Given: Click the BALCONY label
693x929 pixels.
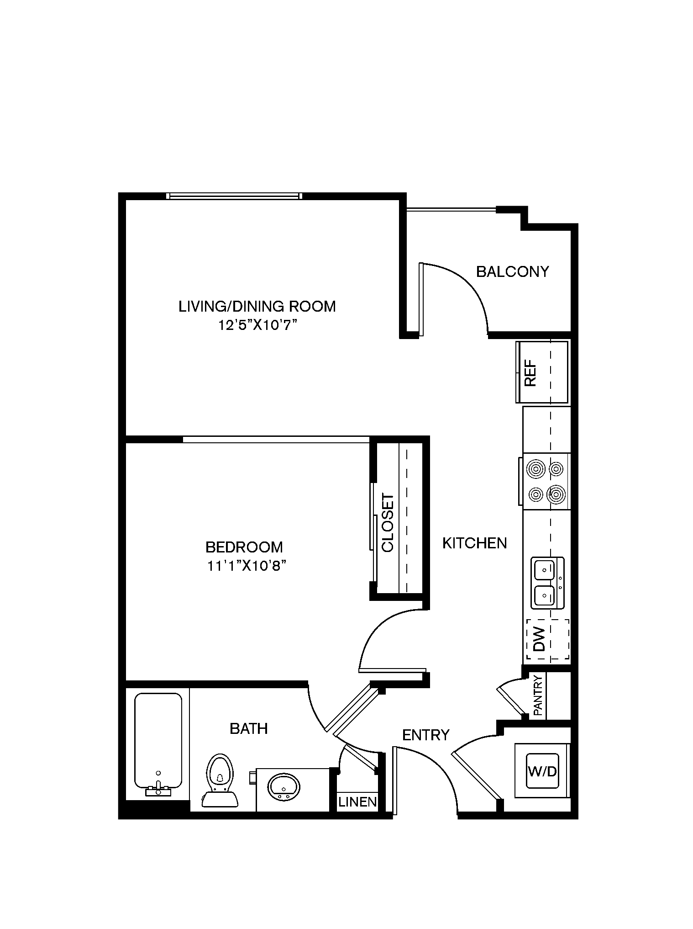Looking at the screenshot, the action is (x=512, y=271).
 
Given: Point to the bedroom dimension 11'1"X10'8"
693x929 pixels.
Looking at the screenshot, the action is (x=247, y=566).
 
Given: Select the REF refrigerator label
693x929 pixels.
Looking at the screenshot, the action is (x=530, y=374).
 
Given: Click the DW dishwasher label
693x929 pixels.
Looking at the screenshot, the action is (x=540, y=639).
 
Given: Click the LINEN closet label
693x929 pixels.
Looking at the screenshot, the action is (x=357, y=802).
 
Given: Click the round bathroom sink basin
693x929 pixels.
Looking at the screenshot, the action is (x=284, y=786).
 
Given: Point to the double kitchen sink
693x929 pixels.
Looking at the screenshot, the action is (x=548, y=583).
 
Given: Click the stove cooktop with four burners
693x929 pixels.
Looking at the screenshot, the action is (x=546, y=481).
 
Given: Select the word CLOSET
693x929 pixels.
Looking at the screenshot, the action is (x=387, y=522).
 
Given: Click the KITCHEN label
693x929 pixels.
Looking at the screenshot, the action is (x=475, y=543).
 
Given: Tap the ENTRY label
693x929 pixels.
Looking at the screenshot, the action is (x=426, y=735).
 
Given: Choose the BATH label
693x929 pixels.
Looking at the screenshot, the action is (x=249, y=728).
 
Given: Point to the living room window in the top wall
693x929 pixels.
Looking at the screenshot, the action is (x=234, y=196).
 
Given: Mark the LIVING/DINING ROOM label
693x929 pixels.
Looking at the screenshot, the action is (x=257, y=306).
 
